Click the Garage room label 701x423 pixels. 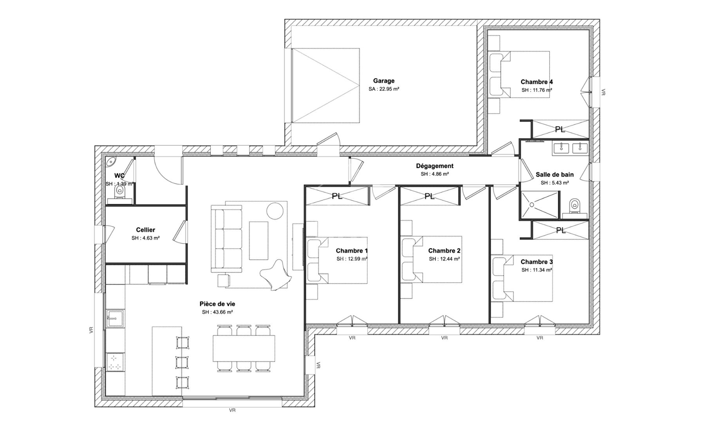[383, 81]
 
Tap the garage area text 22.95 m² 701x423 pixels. [383, 89]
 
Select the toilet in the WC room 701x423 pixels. [120, 192]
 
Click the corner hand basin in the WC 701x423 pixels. [112, 161]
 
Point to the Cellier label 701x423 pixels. [145, 230]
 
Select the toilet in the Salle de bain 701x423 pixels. [575, 205]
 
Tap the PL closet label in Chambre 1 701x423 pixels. [337, 196]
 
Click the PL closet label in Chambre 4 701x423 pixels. [560, 129]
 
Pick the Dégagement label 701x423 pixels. [435, 166]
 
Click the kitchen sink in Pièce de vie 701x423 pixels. [115, 318]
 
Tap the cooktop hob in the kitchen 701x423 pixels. [115, 362]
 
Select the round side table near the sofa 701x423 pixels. [275, 211]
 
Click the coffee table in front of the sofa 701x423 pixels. [258, 240]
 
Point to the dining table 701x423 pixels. [244, 348]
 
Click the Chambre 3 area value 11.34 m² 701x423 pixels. [537, 270]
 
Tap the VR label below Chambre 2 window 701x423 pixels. [444, 338]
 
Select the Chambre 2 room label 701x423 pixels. [444, 251]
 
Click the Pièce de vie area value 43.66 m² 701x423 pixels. [217, 312]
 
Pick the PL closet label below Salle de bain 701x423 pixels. [560, 231]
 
